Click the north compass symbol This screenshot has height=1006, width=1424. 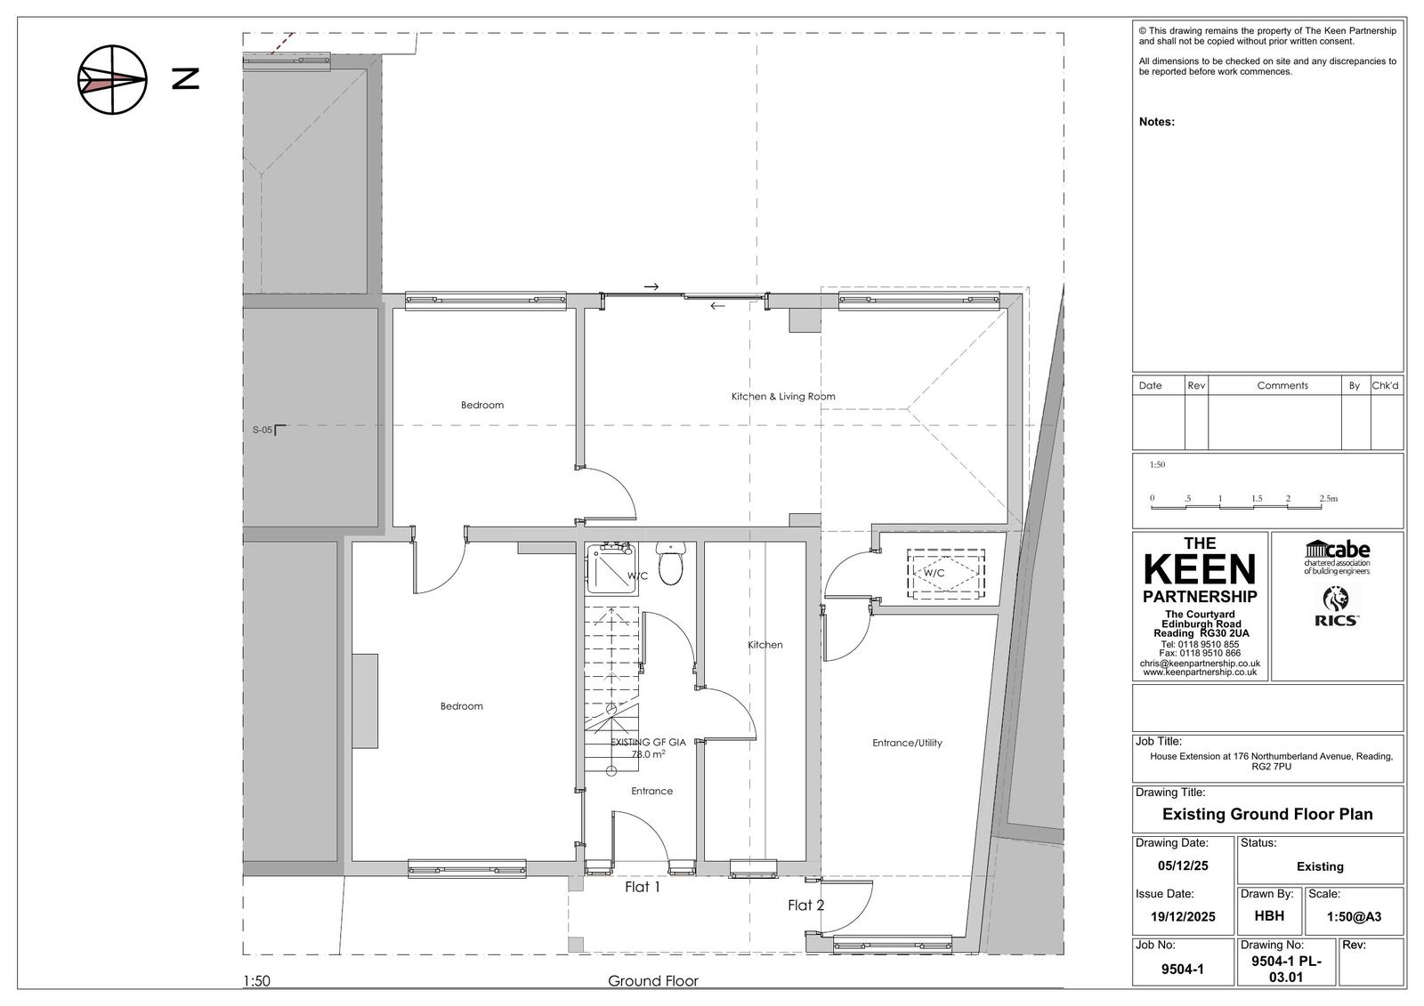tap(112, 80)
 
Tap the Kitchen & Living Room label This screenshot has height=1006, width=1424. tap(783, 397)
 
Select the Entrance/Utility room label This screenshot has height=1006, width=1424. tap(907, 743)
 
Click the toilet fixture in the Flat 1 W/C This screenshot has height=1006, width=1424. tap(670, 562)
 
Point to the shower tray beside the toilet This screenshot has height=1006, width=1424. tap(611, 568)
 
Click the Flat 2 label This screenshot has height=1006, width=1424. tap(806, 905)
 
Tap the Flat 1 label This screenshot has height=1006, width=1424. tap(642, 887)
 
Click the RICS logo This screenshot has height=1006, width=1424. tap(1336, 607)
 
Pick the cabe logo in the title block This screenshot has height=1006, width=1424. tap(1337, 558)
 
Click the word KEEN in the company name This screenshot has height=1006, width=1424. tap(1200, 569)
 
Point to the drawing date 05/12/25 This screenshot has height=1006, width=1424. tap(1183, 865)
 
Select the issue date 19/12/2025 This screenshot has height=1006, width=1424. tap(1183, 916)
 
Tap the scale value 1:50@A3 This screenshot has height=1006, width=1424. tap(1354, 916)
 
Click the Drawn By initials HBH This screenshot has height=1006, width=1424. tap(1269, 916)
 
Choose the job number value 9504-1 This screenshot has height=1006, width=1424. tap(1183, 970)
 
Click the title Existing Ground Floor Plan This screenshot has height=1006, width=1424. tap(1267, 814)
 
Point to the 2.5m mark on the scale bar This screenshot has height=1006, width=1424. tap(1328, 499)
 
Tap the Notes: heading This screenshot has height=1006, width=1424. tap(1156, 122)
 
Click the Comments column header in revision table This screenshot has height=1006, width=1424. tap(1282, 386)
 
